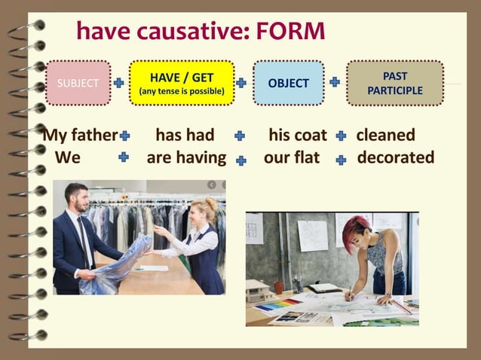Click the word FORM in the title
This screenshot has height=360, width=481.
coord(290,32)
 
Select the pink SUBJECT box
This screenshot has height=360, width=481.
coord(78,83)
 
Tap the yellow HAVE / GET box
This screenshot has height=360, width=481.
coord(181,83)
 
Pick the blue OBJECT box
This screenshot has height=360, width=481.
coord(288,83)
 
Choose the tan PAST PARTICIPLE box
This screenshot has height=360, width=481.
coord(394,83)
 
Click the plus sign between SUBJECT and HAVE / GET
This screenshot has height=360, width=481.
coord(118,82)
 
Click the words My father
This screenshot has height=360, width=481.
coord(80,136)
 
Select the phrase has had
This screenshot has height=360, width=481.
coord(185,136)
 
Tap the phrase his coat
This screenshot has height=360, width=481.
coord(298,136)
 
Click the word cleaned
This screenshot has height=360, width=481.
coord(385,136)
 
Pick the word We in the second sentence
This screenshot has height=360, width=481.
coord(68,157)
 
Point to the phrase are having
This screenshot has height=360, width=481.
coord(186,157)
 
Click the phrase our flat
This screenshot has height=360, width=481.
coord(292,157)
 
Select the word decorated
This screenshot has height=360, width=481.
coord(395,157)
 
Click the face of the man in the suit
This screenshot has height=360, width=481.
coord(77,200)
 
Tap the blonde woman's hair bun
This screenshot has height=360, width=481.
coord(213,203)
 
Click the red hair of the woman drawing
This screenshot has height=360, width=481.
coord(355,224)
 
